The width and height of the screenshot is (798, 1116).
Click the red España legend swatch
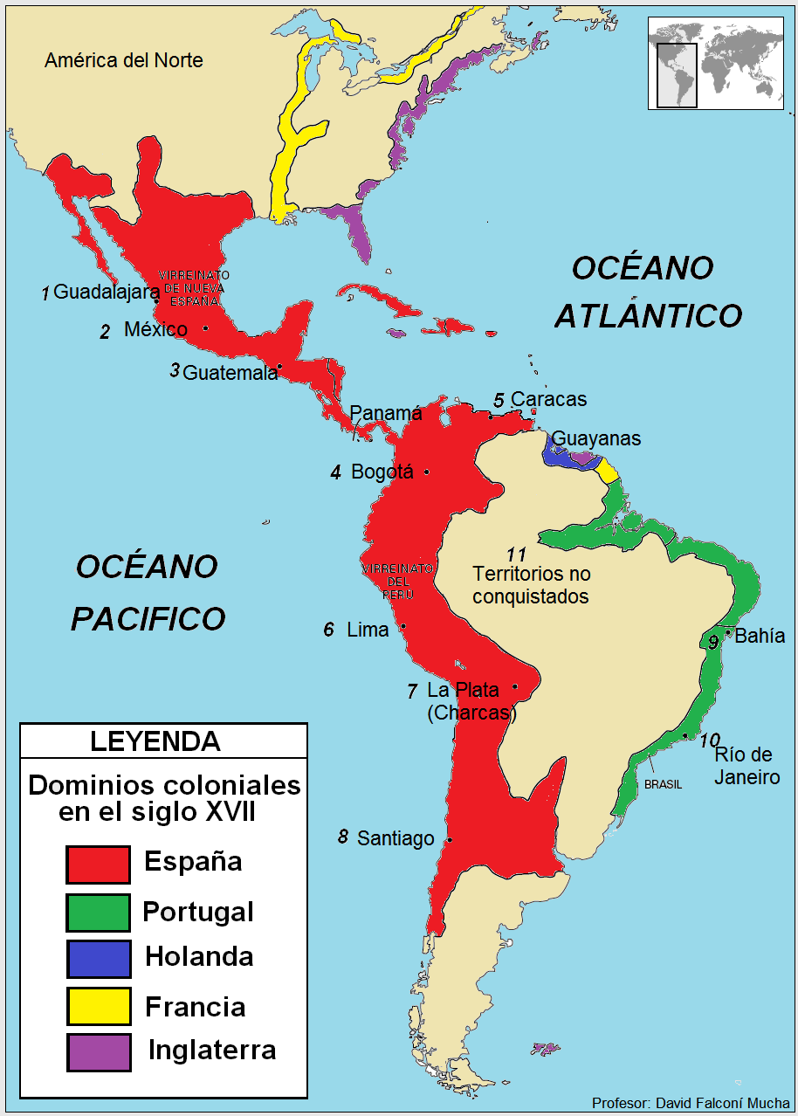click(x=98, y=865)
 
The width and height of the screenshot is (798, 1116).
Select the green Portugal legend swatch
click(x=98, y=913)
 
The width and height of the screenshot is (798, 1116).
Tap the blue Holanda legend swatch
click(x=98, y=958)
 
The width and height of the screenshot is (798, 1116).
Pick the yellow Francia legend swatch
click(x=98, y=1006)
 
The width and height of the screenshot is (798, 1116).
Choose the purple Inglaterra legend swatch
click(x=98, y=1052)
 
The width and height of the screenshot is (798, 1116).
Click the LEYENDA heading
click(x=155, y=741)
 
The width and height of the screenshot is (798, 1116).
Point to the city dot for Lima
click(x=403, y=626)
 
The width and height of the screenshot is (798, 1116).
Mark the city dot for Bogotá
click(x=427, y=472)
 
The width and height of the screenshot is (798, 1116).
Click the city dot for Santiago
click(x=450, y=840)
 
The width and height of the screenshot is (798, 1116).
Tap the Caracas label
click(x=548, y=399)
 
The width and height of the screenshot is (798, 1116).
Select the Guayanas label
click(x=596, y=438)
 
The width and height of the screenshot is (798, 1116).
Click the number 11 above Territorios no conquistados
click(x=516, y=554)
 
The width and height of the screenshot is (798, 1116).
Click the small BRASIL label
click(x=663, y=785)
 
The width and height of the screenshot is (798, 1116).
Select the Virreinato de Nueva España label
click(x=194, y=288)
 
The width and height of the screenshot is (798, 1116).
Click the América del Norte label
click(x=123, y=60)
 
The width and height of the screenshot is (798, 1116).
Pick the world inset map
click(x=715, y=63)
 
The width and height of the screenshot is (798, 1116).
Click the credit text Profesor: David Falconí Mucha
click(x=690, y=1103)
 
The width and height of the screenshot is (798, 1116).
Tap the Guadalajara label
click(x=107, y=293)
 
